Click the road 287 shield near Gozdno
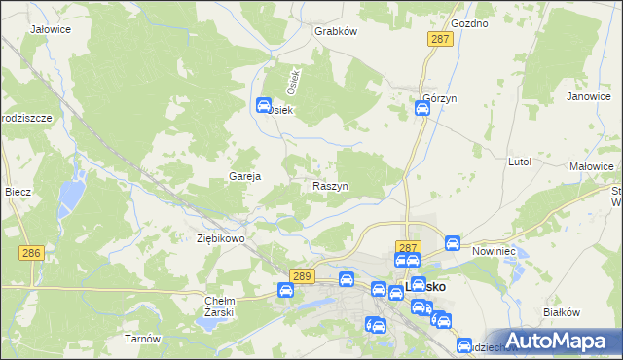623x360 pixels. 440,38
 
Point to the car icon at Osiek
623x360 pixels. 263,106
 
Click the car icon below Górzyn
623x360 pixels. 421,109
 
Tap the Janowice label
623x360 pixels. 588,97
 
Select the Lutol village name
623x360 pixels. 520,162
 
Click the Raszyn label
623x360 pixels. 331,185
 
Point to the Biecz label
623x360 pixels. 18,192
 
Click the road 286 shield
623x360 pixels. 31,252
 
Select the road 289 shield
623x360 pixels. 301,276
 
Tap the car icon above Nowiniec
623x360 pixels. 452,242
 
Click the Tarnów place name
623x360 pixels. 142,339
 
